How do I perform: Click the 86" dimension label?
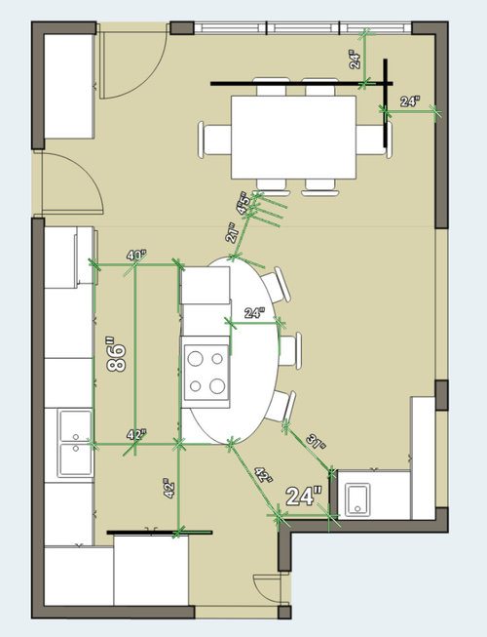[116, 353]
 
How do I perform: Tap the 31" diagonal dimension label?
[316, 440]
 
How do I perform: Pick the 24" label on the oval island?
[253, 313]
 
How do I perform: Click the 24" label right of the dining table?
[409, 100]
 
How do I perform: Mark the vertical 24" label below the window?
[356, 59]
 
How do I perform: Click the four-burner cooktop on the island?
[206, 372]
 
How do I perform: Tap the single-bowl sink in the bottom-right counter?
[358, 498]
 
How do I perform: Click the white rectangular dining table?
[293, 136]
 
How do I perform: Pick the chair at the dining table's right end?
[370, 139]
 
